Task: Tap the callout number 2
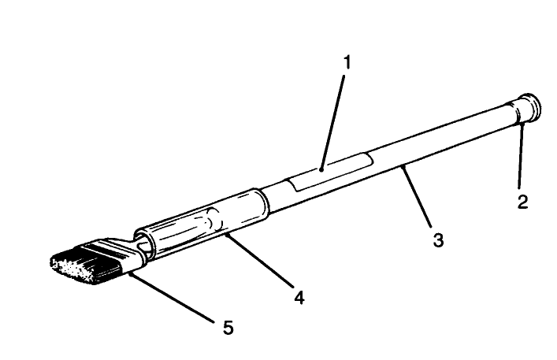click(522, 202)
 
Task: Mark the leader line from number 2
click(519, 154)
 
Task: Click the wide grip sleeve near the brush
click(201, 225)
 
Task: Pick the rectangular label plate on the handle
click(329, 172)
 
